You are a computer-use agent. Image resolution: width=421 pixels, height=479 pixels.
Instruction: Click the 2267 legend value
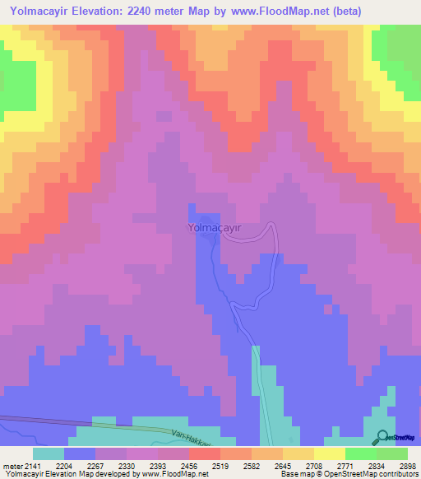click(x=113, y=465)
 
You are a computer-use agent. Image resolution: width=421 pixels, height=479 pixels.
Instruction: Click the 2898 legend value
click(x=408, y=465)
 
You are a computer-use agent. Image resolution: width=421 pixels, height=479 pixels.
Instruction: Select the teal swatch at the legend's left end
click(x=48, y=453)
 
